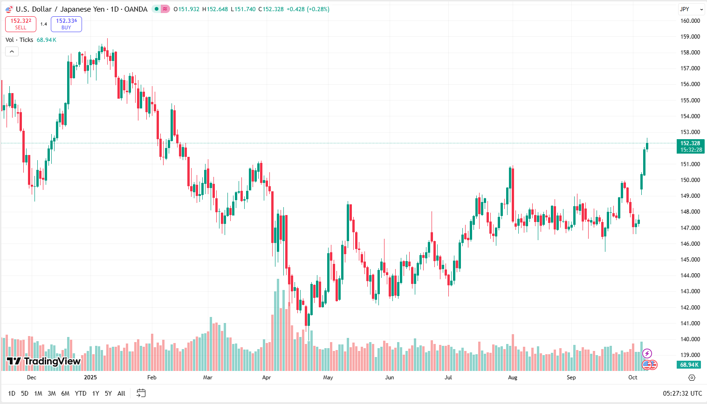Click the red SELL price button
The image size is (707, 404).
click(21, 24)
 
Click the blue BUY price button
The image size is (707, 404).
click(66, 24)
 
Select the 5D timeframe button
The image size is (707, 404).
click(25, 393)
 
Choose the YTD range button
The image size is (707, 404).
click(81, 393)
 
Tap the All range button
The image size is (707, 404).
click(121, 393)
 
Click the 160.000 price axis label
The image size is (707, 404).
click(690, 20)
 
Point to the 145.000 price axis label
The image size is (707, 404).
click(690, 259)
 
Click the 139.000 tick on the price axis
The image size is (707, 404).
click(690, 355)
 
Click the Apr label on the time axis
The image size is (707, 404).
click(267, 377)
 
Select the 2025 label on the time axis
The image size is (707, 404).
click(90, 377)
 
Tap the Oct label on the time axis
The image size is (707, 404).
click(632, 377)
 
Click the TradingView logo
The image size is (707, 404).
click(44, 361)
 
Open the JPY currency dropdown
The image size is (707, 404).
click(691, 9)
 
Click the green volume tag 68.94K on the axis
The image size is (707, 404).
click(689, 365)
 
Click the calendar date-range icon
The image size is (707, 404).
click(141, 393)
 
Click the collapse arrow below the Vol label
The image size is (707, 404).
click(12, 51)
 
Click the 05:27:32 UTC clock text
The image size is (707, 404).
click(682, 393)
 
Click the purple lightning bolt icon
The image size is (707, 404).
click(647, 353)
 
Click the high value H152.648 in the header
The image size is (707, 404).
click(215, 9)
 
